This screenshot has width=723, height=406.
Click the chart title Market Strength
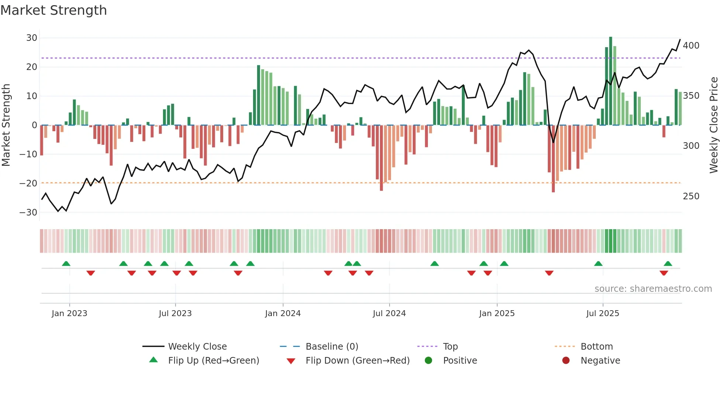(x=53, y=10)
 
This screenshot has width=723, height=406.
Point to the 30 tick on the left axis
(x=32, y=38)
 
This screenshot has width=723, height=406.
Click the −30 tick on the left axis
(x=29, y=213)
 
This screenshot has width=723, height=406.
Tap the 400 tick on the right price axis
(x=691, y=46)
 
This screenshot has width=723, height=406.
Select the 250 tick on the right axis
(x=691, y=196)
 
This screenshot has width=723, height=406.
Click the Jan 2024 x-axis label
(x=283, y=314)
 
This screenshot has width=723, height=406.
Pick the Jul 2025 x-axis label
(x=602, y=314)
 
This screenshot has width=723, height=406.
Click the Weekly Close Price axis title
(x=714, y=125)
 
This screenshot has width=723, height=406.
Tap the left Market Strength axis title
(x=6, y=125)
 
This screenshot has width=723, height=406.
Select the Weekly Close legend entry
(x=197, y=347)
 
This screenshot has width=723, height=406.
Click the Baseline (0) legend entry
(x=332, y=347)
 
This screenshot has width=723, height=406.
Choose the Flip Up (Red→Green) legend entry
(x=213, y=361)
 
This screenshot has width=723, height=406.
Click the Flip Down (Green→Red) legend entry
(x=357, y=361)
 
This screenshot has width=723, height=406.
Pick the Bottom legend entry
(x=596, y=347)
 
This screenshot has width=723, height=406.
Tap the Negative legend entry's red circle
(x=566, y=360)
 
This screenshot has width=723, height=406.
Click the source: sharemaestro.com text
(x=653, y=289)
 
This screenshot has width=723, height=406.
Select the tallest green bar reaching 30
(x=610, y=81)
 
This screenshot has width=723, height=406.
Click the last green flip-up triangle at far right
(x=668, y=264)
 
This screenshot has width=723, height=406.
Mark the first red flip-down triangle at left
(x=91, y=273)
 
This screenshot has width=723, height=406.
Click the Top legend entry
(x=450, y=347)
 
